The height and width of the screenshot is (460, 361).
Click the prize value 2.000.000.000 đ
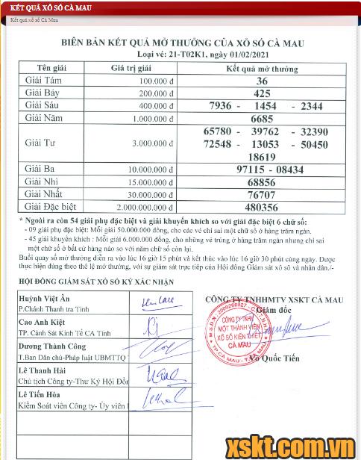[134, 208]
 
